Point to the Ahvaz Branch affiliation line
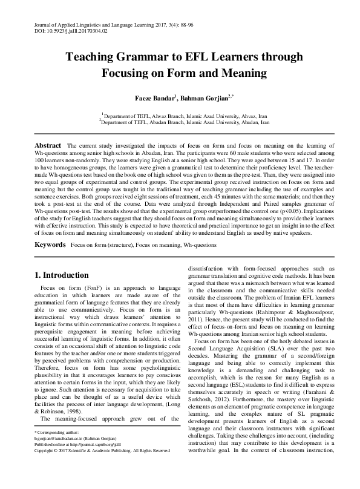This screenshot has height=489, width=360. coord(184,115)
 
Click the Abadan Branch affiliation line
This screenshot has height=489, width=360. coord(184,122)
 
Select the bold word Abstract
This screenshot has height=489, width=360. coord(48,146)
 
